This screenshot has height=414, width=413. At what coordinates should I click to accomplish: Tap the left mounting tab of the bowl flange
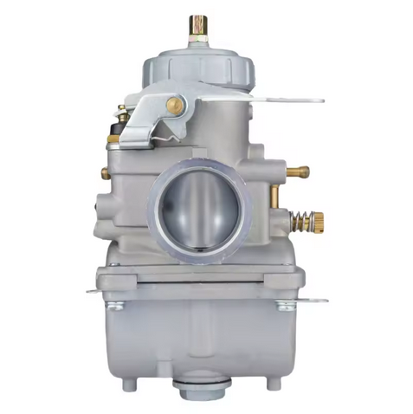pos(95,290)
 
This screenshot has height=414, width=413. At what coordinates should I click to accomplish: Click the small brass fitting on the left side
pos(105,173)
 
